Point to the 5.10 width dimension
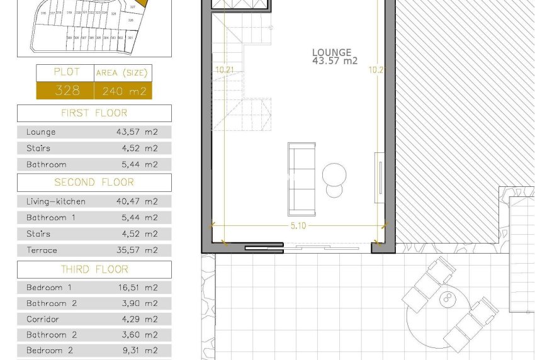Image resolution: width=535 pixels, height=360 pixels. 298,226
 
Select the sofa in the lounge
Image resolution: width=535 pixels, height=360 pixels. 301,179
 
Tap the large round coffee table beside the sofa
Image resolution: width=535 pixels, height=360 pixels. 334,174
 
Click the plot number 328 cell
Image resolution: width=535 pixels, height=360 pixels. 66,91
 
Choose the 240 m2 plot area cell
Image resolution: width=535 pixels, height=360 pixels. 123,91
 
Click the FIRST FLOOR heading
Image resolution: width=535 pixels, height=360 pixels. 94,113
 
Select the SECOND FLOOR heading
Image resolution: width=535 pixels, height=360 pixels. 94,183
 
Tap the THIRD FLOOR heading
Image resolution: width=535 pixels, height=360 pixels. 94,269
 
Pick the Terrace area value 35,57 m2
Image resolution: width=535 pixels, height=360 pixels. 137,250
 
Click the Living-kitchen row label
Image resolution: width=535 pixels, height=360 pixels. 56,202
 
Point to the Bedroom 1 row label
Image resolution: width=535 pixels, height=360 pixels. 49,288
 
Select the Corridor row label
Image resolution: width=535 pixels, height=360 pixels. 43,320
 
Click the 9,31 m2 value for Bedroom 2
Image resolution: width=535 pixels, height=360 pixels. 137,351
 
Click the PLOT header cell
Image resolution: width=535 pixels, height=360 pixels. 66,72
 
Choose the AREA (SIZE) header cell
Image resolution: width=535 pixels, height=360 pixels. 123,73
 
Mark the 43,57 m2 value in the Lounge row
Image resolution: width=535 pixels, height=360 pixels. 137,132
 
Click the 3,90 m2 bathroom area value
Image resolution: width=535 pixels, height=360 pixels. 137,304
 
